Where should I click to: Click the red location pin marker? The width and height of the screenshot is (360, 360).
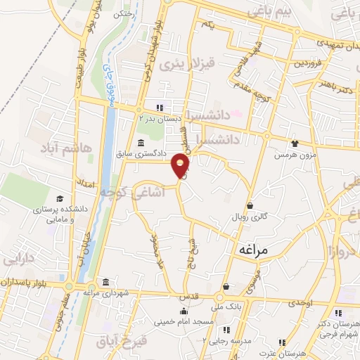coord(181,166)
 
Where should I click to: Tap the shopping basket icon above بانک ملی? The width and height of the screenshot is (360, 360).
coord(226,286)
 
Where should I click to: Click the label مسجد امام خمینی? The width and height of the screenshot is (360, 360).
coord(184,321)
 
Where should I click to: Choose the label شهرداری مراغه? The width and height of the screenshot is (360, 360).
coord(105,292)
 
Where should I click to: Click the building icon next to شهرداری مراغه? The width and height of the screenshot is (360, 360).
coord(105,282)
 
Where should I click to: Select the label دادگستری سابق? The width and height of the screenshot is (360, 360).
coord(141,153)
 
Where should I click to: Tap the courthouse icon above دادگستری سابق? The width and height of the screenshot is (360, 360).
coord(141,142)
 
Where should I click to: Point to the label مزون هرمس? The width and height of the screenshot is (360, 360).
coord(293,153)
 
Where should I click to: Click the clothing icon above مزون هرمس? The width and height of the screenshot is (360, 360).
coord(293,143)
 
